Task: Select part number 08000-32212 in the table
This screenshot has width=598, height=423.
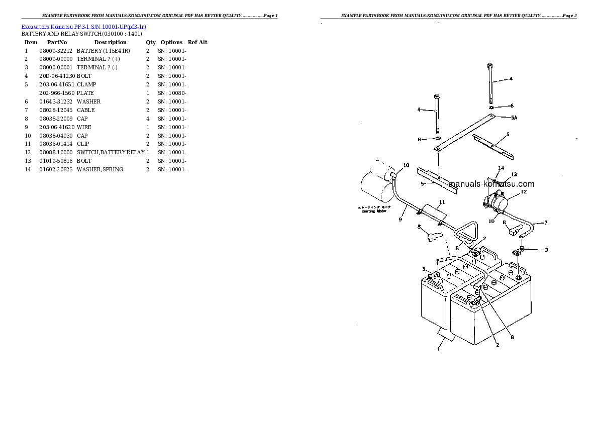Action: [56, 51]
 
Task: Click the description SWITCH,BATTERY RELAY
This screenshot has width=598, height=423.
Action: [111, 152]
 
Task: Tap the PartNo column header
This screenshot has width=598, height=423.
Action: [57, 43]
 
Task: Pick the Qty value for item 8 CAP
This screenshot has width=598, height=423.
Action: [148, 119]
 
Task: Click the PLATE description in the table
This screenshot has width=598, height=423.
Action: [85, 93]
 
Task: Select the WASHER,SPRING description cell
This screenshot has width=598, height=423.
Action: [99, 169]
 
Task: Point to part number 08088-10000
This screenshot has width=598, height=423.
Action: [56, 152]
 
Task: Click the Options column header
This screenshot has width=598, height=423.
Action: [171, 43]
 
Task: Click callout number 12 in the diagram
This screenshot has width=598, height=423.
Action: [523, 191]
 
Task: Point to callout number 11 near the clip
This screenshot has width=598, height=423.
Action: [442, 202]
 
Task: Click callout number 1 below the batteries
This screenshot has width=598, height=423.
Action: [439, 346]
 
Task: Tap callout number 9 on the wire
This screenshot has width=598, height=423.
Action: [400, 219]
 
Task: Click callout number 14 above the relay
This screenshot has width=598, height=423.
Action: [501, 168]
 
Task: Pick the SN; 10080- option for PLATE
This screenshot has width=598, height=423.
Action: [172, 93]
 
